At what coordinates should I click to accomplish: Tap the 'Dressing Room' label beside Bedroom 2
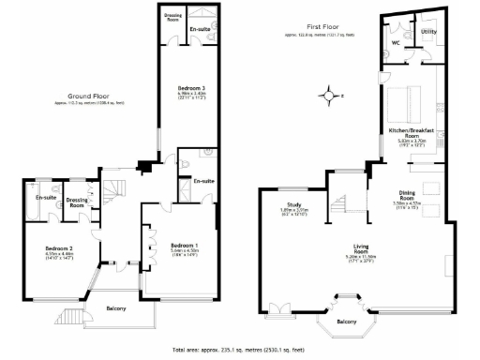pyautogui.click(x=78, y=201)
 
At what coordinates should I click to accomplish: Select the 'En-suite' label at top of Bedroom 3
pyautogui.click(x=199, y=31)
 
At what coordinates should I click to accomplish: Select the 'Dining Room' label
pyautogui.click(x=407, y=198)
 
